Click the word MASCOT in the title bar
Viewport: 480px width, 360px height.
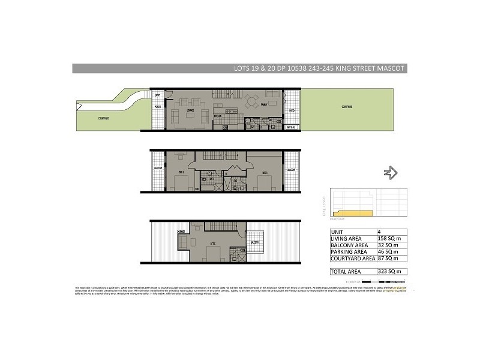pos(391,68)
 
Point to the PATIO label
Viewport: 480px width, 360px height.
pos(291,111)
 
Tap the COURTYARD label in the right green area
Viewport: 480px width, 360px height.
pos(346,107)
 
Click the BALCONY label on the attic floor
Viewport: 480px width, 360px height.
pos(254,242)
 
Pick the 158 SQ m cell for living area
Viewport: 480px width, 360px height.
pos(388,239)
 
